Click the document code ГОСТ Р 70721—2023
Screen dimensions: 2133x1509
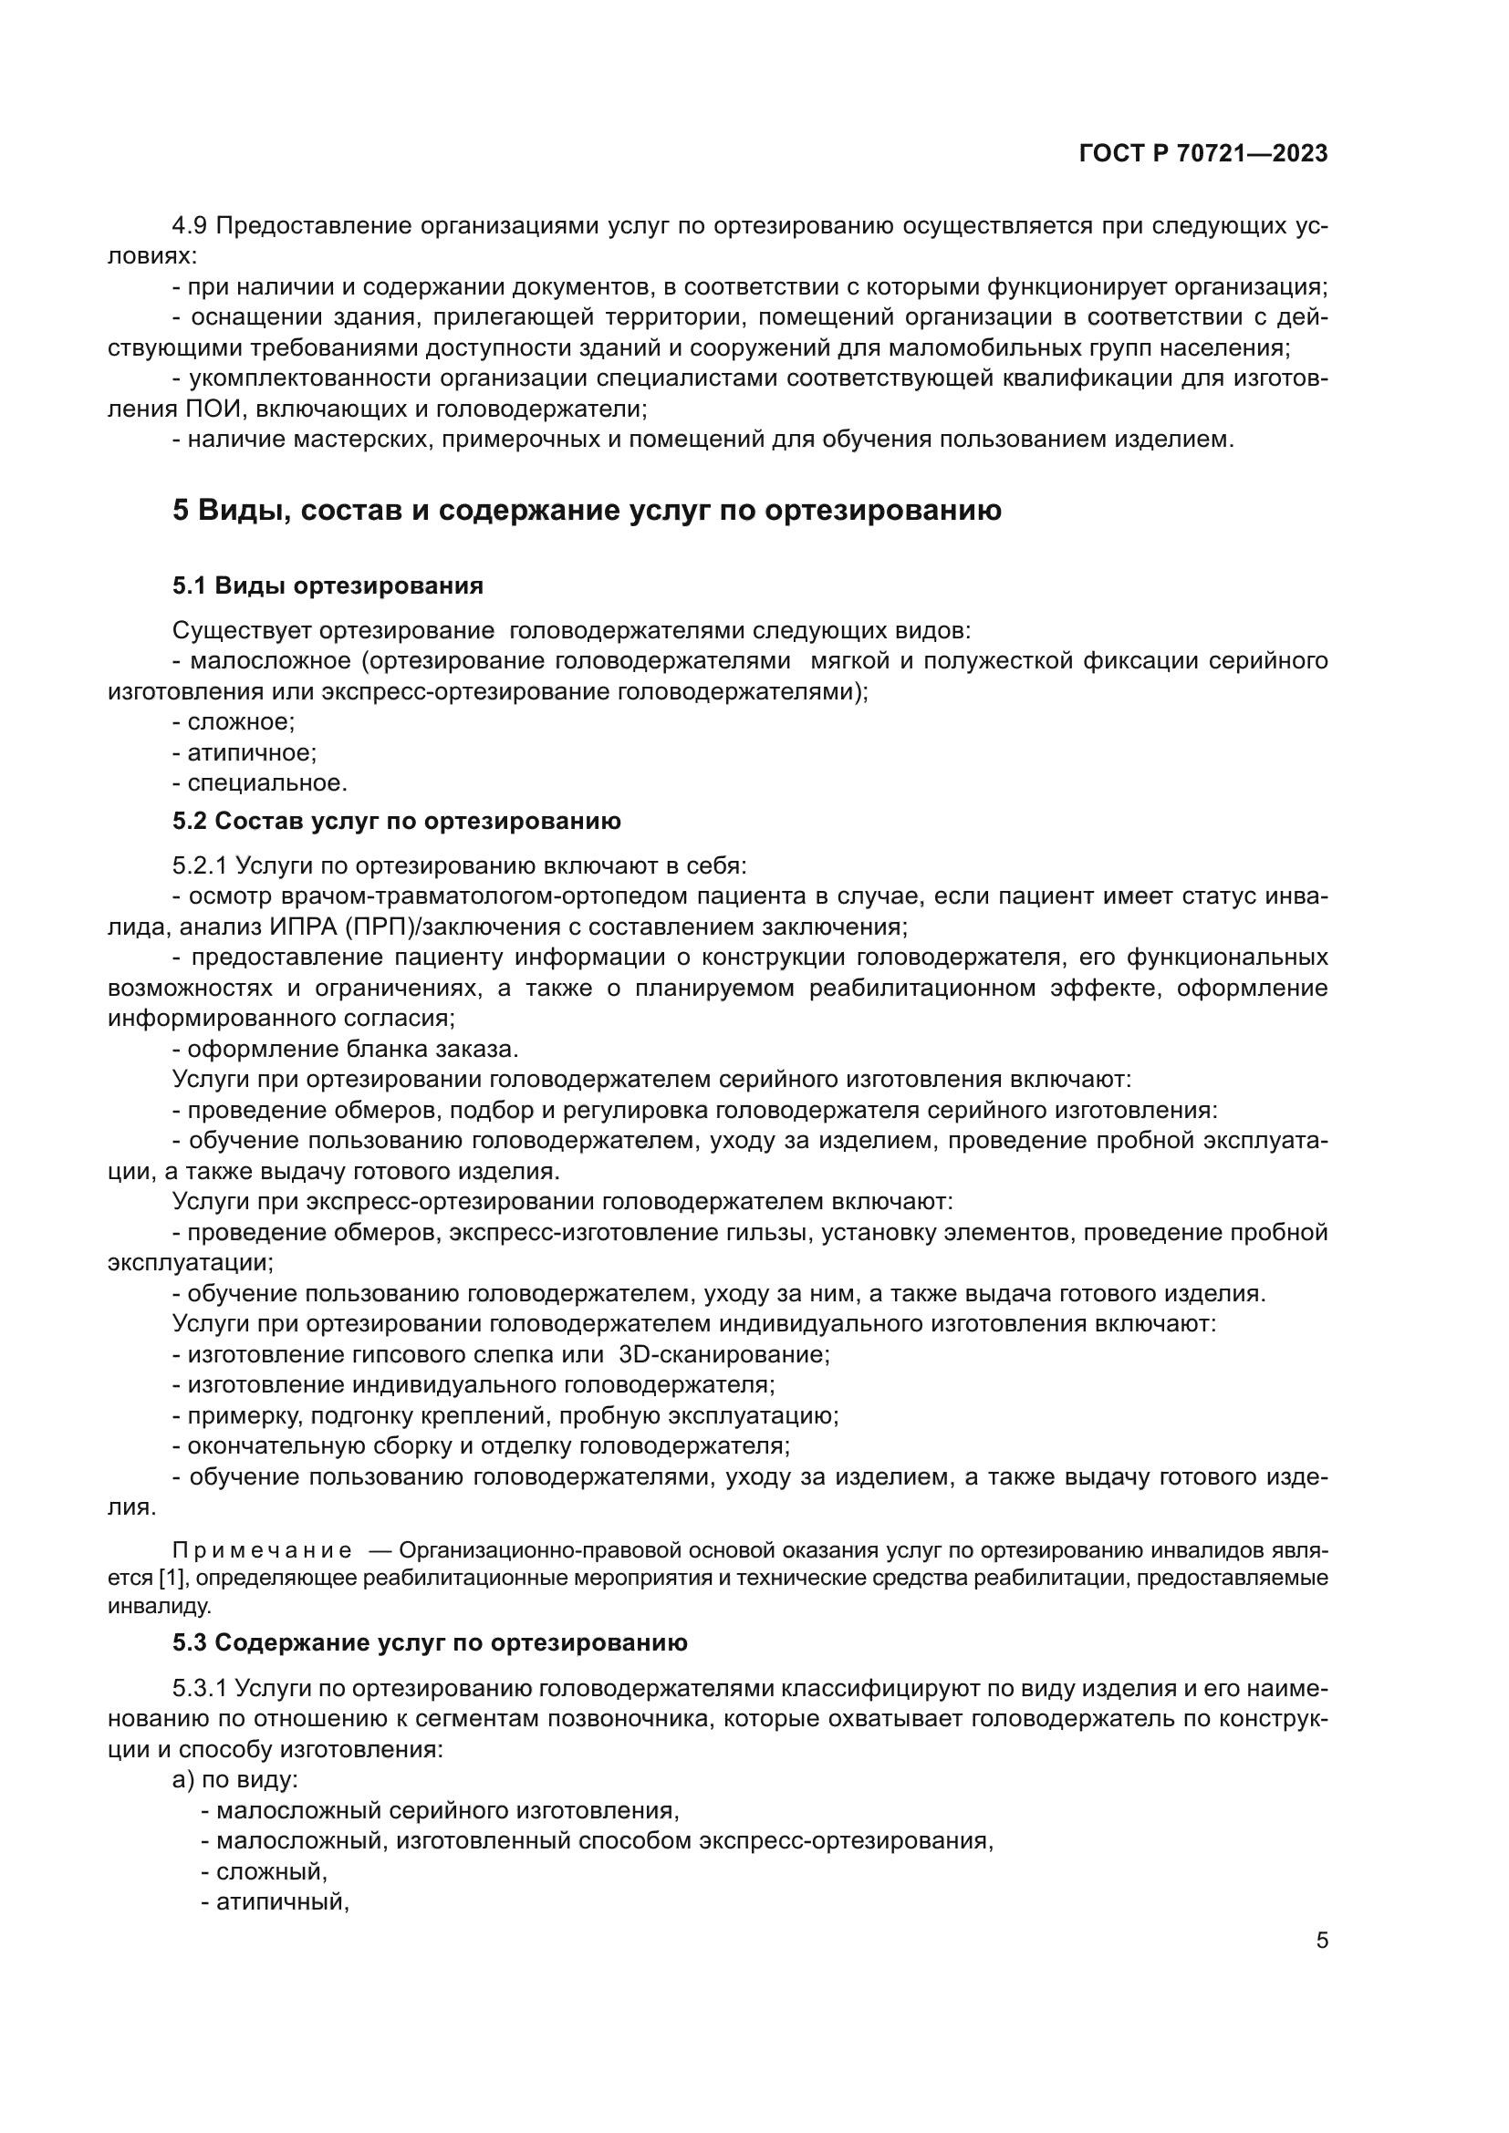[1203, 154]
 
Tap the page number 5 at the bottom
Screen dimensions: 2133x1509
[1321, 1940]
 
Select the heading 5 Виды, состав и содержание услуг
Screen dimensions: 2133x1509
[587, 510]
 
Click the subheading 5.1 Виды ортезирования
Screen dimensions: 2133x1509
[328, 585]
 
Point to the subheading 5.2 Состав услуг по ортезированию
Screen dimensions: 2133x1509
[396, 822]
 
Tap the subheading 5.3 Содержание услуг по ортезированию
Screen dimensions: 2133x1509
[430, 1642]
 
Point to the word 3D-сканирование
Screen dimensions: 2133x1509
[723, 1354]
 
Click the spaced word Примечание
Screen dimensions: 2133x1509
[262, 1550]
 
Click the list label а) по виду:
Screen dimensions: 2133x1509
[234, 1780]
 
